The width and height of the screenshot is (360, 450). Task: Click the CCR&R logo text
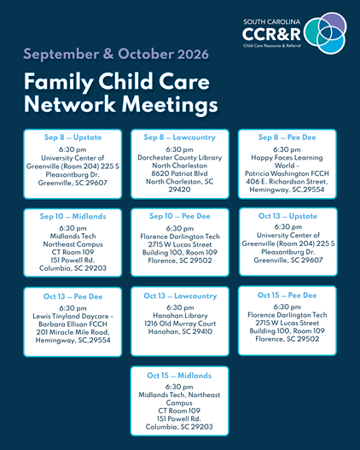[x=271, y=34]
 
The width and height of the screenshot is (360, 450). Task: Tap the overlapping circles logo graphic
[x=325, y=33]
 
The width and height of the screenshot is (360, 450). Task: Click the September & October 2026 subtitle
[x=116, y=55]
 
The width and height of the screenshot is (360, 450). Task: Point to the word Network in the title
[x=70, y=104]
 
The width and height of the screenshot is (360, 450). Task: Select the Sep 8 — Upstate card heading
[x=73, y=137]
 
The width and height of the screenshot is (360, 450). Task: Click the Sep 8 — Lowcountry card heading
[x=180, y=137]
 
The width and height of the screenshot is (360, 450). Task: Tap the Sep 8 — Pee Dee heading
[x=287, y=137]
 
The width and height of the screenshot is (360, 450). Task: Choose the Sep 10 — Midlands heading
[x=73, y=216]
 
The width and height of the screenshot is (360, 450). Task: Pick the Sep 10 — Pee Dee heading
[x=180, y=216]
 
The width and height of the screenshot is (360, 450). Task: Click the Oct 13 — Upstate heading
[x=287, y=216]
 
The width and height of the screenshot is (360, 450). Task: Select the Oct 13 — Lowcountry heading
[x=180, y=296]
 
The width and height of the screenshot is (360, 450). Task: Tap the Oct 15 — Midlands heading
[x=179, y=376]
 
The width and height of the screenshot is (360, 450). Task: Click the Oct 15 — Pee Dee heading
[x=287, y=295]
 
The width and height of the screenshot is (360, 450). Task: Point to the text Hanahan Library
[x=180, y=316]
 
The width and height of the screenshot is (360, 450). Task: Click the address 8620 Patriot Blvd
[x=180, y=173]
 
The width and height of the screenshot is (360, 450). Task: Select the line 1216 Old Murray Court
[x=180, y=324]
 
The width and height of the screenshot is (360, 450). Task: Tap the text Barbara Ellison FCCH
[x=73, y=324]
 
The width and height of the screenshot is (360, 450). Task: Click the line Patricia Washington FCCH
[x=287, y=173]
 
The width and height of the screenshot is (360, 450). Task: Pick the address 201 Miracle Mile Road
[x=73, y=332]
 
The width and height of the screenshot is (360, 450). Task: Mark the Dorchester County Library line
[x=180, y=158]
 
